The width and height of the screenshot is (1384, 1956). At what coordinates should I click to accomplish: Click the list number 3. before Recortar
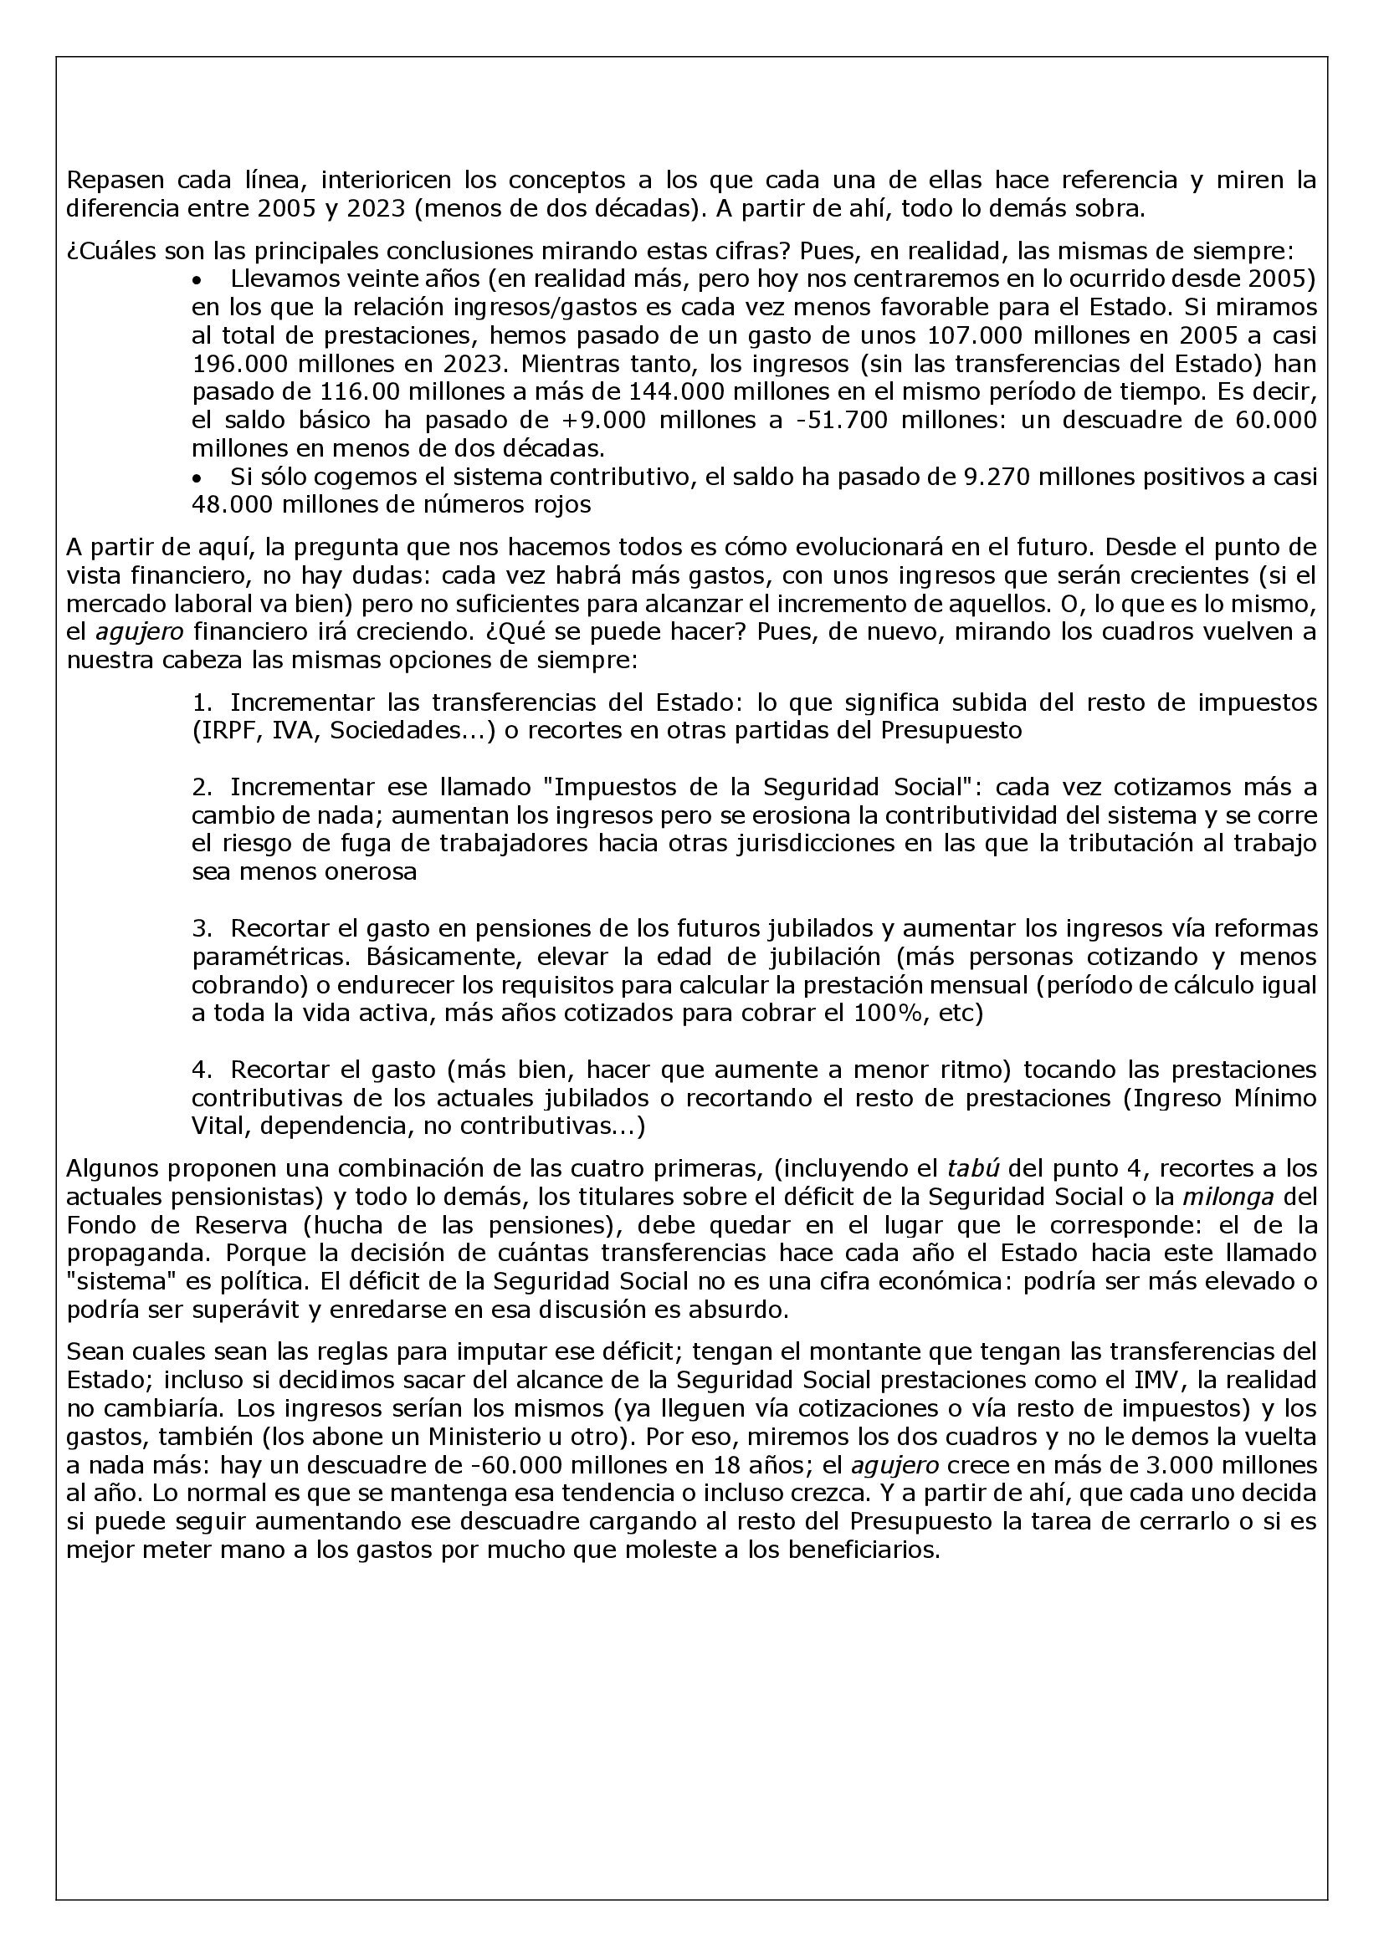coord(202,928)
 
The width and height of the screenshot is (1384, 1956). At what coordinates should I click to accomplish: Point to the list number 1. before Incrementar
coord(202,702)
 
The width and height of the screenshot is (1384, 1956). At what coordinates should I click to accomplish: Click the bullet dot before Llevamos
coord(198,279)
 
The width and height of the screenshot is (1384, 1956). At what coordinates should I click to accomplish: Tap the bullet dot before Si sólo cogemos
coord(198,476)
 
